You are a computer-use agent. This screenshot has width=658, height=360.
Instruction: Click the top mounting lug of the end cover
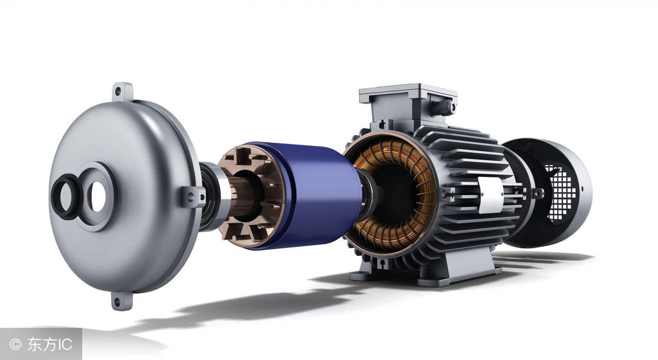[122, 92]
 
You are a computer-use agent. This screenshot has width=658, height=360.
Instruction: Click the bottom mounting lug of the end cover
[121, 301]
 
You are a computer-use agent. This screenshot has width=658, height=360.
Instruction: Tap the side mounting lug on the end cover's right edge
[193, 197]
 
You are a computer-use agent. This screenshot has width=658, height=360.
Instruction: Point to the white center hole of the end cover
[98, 196]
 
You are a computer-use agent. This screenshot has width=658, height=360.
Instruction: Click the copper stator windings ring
[393, 194]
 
